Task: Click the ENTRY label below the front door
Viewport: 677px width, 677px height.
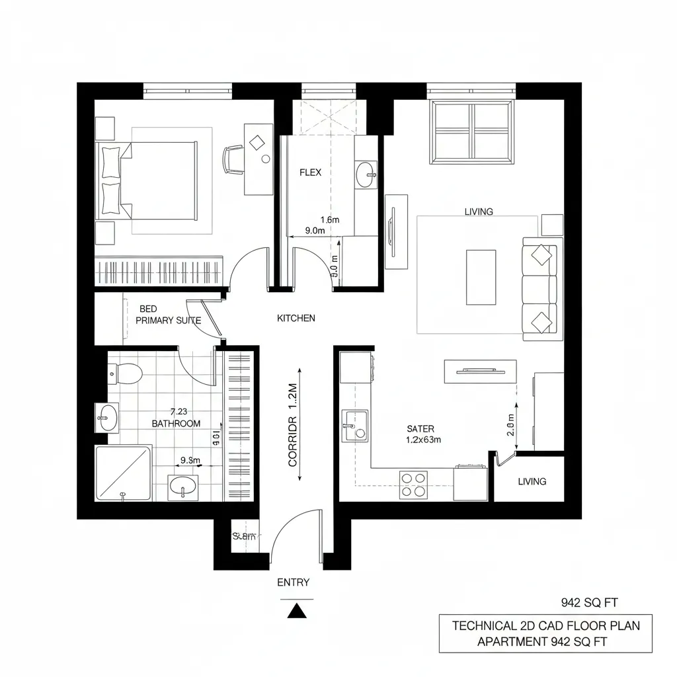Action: click(x=293, y=582)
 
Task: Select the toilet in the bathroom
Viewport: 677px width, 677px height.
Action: click(x=126, y=374)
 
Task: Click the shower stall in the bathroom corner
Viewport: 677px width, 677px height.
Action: click(x=123, y=473)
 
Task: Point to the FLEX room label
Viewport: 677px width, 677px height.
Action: click(x=310, y=173)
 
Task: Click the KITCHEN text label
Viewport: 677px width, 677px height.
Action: click(x=296, y=318)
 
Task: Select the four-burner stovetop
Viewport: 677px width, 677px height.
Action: click(x=413, y=485)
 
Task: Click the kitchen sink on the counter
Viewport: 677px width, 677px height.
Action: click(x=355, y=426)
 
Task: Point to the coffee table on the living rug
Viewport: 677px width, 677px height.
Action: click(x=481, y=277)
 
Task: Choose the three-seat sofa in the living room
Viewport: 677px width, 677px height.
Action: click(x=542, y=289)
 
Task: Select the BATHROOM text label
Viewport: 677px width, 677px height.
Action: click(x=176, y=423)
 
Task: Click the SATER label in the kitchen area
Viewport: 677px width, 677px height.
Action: click(x=420, y=429)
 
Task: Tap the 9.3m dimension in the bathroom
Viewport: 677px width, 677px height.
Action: click(x=190, y=460)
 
